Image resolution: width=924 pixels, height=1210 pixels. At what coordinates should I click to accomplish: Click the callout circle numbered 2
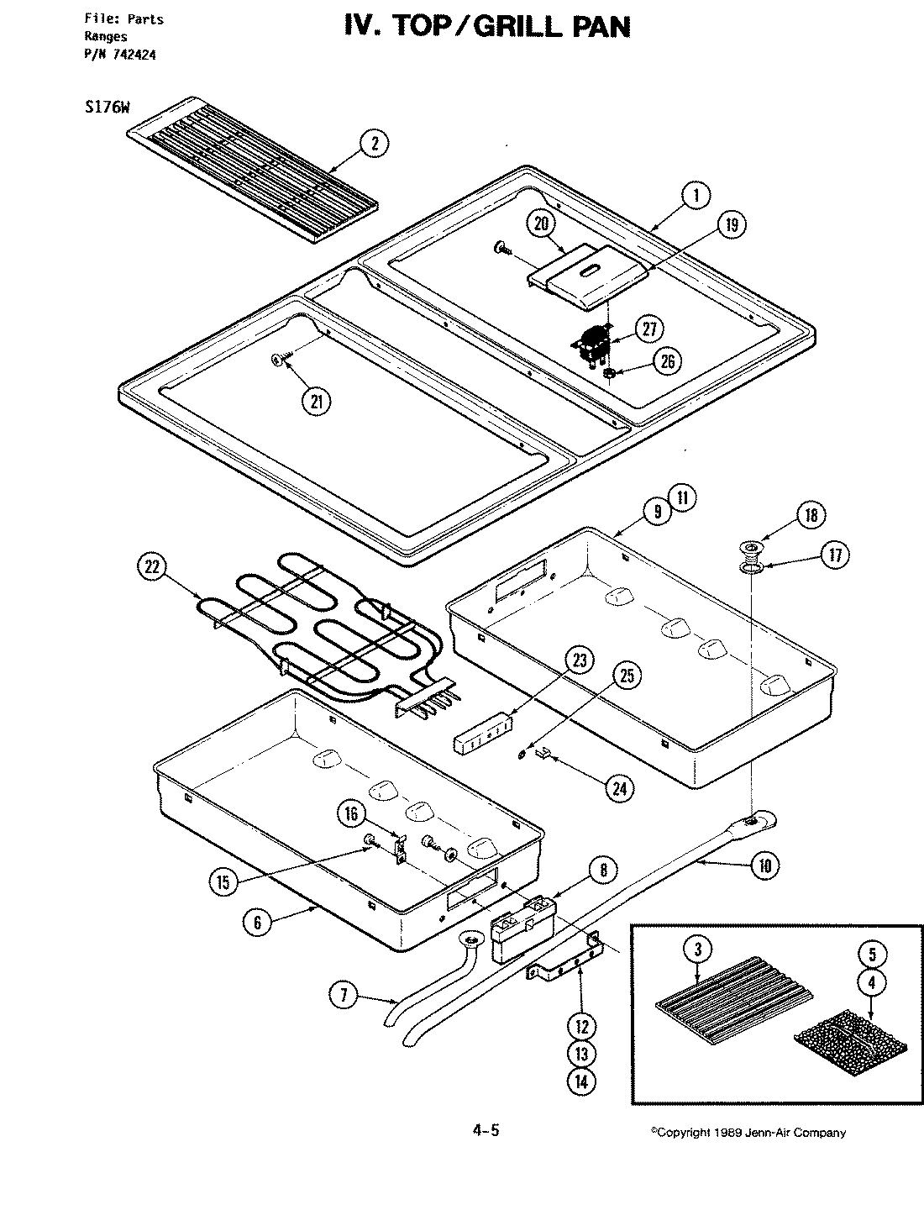click(x=374, y=144)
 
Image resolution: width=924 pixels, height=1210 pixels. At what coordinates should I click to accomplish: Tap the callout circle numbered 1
click(x=696, y=196)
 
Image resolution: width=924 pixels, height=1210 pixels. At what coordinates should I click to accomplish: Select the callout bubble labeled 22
click(x=152, y=567)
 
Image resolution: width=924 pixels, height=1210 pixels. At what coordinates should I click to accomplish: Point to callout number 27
click(x=649, y=329)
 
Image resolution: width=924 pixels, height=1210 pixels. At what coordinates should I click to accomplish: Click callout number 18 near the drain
click(x=811, y=515)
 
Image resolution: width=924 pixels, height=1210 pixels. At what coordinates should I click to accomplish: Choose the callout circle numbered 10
click(x=764, y=865)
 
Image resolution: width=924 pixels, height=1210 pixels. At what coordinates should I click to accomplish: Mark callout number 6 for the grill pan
click(x=258, y=922)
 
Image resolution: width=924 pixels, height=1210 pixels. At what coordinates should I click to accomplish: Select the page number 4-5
click(x=486, y=1130)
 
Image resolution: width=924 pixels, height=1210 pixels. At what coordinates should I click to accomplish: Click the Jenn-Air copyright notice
click(x=748, y=1133)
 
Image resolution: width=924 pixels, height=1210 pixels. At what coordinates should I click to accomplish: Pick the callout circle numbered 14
click(x=581, y=1081)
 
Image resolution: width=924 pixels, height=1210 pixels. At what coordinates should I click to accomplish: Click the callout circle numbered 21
click(x=316, y=401)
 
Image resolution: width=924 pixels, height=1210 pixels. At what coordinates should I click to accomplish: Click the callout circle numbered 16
click(x=352, y=813)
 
